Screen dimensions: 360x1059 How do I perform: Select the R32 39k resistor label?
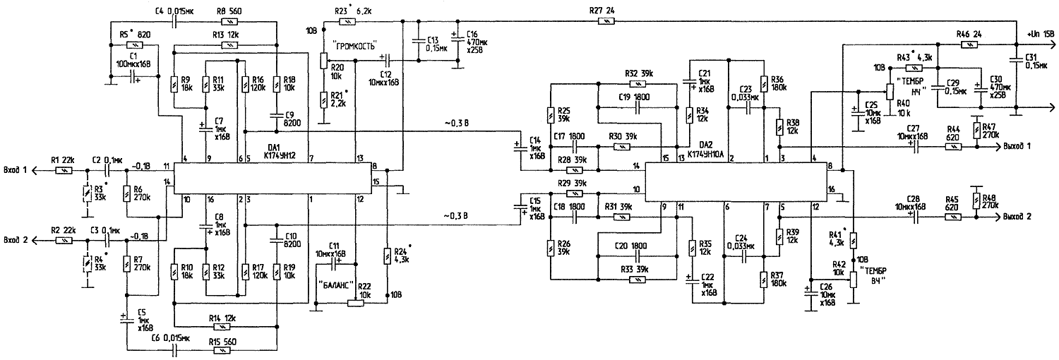coord(639,73)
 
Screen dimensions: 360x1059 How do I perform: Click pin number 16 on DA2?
coord(831,190)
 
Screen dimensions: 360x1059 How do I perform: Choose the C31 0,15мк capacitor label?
coord(1036,64)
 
